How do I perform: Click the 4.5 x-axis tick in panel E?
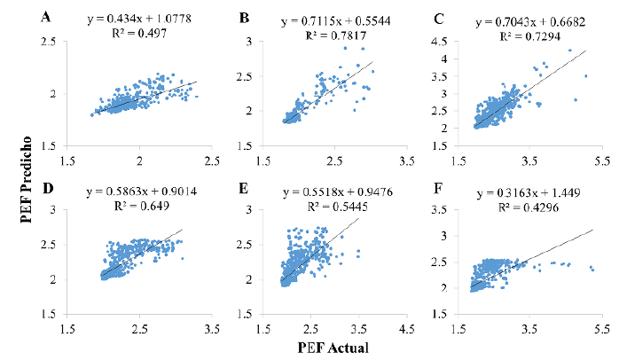coord(409,327)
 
